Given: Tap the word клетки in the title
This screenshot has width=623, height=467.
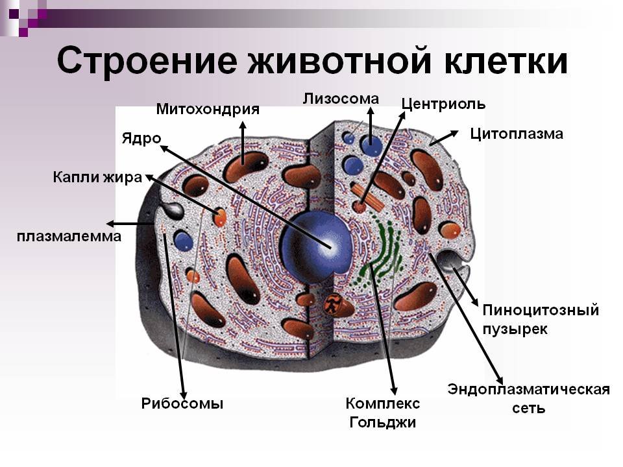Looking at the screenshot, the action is pyautogui.click(x=506, y=60).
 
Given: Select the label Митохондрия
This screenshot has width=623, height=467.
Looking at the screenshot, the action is pyautogui.click(x=208, y=110).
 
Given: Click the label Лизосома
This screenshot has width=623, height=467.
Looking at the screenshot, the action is pyautogui.click(x=341, y=99).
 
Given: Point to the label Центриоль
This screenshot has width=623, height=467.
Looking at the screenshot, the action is pyautogui.click(x=443, y=104).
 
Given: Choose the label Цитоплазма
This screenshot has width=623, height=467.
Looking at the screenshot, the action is pyautogui.click(x=517, y=134).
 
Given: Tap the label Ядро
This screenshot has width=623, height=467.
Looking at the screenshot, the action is pyautogui.click(x=141, y=139).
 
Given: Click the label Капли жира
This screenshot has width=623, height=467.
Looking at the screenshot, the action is pyautogui.click(x=97, y=177).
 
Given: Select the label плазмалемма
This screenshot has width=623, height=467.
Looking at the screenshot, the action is pyautogui.click(x=69, y=237).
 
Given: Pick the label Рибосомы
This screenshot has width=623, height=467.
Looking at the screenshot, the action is pyautogui.click(x=182, y=403).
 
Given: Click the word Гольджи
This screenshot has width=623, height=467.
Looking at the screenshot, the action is pyautogui.click(x=383, y=422).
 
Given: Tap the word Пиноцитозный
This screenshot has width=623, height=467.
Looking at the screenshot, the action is pyautogui.click(x=541, y=310).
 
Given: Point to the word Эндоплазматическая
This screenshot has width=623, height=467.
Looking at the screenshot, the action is pyautogui.click(x=528, y=390).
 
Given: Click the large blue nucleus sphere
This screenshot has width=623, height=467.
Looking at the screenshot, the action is pyautogui.click(x=316, y=246).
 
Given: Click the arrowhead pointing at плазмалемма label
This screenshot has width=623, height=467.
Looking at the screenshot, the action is pyautogui.click(x=111, y=224).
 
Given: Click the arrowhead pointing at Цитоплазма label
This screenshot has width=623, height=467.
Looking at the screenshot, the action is pyautogui.click(x=454, y=134).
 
